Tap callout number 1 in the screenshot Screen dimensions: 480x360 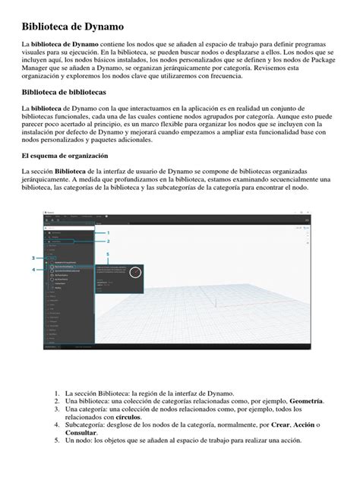108,232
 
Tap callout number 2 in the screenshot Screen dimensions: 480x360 108,242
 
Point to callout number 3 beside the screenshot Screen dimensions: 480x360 33,258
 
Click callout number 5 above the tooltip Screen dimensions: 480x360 108,254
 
